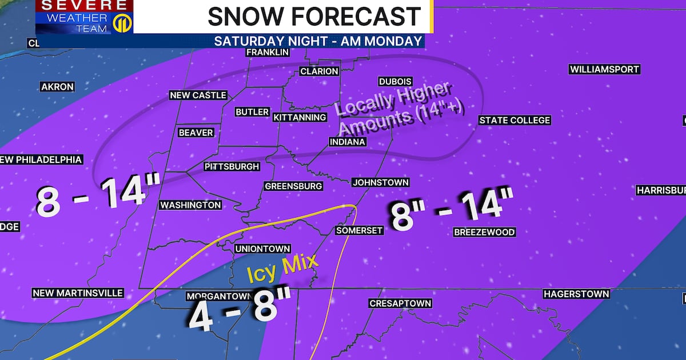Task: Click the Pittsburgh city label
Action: point(232,167)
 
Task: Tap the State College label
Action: point(514,120)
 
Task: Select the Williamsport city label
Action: point(604,69)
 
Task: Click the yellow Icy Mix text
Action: point(282,267)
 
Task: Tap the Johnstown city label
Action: point(380,182)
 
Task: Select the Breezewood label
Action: point(484,232)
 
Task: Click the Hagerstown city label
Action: point(576,294)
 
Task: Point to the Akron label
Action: point(57,87)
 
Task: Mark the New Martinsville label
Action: point(78,293)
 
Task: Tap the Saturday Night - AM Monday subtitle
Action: point(318,41)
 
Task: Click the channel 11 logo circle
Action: point(121,25)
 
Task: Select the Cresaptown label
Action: point(400,303)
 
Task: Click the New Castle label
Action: point(198,95)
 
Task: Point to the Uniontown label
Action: point(263,249)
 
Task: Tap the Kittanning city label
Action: point(300,117)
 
